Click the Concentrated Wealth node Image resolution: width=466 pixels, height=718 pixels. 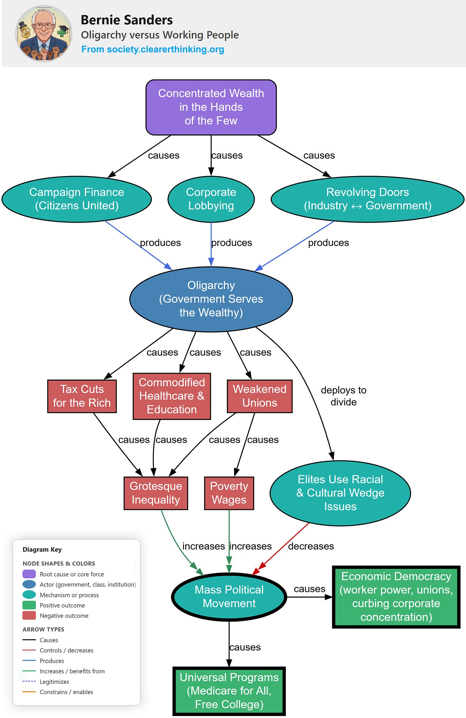pyautogui.click(x=211, y=107)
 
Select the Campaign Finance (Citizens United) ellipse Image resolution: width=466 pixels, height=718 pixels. pyautogui.click(x=76, y=199)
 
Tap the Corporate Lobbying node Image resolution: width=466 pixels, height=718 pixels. pyautogui.click(x=211, y=199)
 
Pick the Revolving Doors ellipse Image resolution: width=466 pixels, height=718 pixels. pyautogui.click(x=367, y=199)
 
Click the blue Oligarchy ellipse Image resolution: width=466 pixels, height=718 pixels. pyautogui.click(x=211, y=299)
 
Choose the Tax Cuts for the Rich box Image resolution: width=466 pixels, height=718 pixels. pyautogui.click(x=82, y=396)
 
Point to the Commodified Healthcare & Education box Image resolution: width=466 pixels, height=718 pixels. pyautogui.click(x=172, y=396)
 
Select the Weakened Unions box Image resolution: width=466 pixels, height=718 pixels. pyautogui.click(x=260, y=396)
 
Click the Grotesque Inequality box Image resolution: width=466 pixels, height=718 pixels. pyautogui.click(x=156, y=493)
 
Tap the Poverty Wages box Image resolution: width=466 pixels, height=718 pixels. pyautogui.click(x=229, y=493)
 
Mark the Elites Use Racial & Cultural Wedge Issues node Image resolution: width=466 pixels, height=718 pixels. pyautogui.click(x=340, y=493)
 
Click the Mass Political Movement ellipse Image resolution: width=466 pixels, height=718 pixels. pyautogui.click(x=229, y=597)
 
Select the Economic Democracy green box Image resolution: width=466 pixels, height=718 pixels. pyautogui.click(x=396, y=597)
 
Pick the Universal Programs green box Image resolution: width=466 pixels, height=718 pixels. pyautogui.click(x=229, y=691)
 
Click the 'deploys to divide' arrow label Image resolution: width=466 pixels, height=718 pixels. pyautogui.click(x=343, y=396)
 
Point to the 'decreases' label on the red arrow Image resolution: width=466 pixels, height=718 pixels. pyautogui.click(x=311, y=546)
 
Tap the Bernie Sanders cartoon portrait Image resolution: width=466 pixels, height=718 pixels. pyautogui.click(x=44, y=34)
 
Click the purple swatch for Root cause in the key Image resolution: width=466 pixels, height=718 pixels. pyautogui.click(x=29, y=574)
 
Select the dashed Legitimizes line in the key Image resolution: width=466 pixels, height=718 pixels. pyautogui.click(x=29, y=681)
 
